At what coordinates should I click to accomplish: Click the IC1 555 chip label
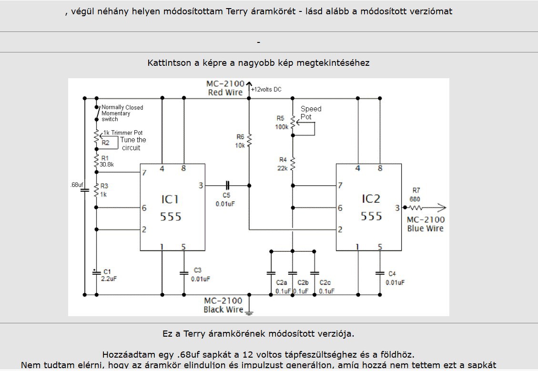click(x=171, y=208)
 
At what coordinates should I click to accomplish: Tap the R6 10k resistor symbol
click(x=249, y=140)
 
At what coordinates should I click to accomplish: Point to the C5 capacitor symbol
click(x=227, y=185)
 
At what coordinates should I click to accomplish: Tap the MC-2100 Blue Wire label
click(x=426, y=224)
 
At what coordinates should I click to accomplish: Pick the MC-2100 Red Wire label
click(x=225, y=88)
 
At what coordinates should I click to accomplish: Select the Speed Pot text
click(x=311, y=113)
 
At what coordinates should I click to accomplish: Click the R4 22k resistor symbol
click(x=293, y=164)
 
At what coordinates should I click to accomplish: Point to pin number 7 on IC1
click(x=144, y=172)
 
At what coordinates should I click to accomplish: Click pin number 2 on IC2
click(x=340, y=229)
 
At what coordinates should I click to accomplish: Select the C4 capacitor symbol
click(x=380, y=273)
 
